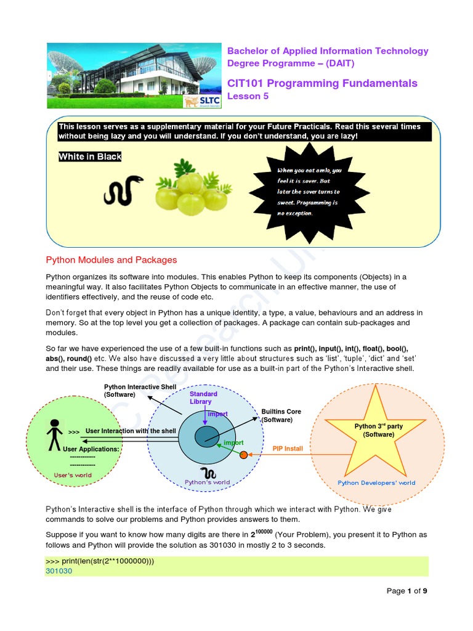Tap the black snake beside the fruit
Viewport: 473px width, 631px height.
tap(123, 190)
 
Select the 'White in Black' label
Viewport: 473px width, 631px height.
tap(90, 157)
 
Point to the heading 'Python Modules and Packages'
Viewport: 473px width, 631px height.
tap(111, 260)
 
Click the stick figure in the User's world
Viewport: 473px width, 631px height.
tap(55, 434)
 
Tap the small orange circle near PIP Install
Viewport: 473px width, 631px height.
tap(243, 455)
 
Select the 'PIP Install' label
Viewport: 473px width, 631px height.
tap(288, 449)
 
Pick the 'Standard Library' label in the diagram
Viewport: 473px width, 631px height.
tap(203, 397)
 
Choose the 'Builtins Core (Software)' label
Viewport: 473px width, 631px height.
tap(281, 415)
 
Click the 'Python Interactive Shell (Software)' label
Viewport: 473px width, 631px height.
tap(140, 390)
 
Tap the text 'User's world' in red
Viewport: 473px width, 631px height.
tap(73, 475)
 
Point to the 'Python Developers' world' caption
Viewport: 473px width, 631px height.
tap(376, 483)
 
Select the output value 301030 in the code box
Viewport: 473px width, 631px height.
tap(59, 571)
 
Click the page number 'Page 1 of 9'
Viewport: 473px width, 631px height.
tap(406, 591)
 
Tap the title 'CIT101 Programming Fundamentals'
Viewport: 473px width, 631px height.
tap(322, 83)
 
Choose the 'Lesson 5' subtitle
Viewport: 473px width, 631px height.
tap(248, 96)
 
